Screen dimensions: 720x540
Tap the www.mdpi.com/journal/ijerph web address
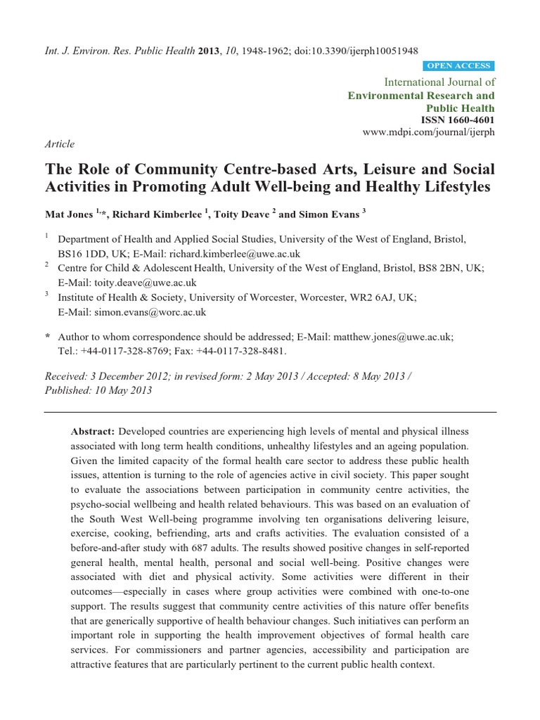428,132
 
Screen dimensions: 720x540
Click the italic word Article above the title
59,144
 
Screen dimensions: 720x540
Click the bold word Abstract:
94,431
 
